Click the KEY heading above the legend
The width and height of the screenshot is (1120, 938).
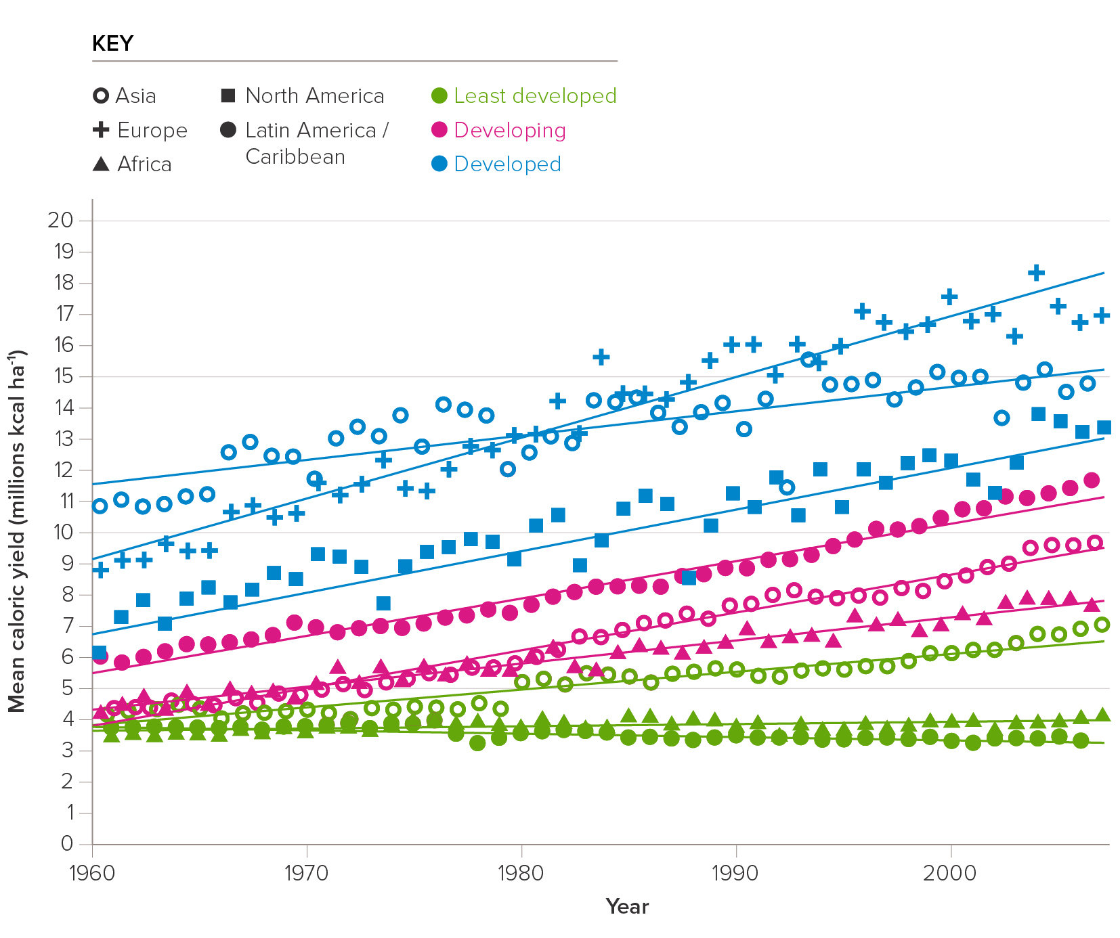click(x=112, y=44)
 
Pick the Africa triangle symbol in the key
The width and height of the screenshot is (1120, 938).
click(x=101, y=164)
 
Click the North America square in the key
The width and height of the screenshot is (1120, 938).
click(x=228, y=95)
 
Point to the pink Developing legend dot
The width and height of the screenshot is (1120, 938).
click(x=439, y=129)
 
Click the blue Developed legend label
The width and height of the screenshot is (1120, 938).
click(x=507, y=164)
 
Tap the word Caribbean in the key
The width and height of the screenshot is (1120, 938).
click(x=295, y=157)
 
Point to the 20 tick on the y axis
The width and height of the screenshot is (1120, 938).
click(x=60, y=220)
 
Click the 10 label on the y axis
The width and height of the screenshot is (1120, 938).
click(x=60, y=532)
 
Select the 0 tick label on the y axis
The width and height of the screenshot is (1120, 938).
click(x=66, y=843)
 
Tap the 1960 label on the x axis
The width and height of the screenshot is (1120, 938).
click(x=92, y=873)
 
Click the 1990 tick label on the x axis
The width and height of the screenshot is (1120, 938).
click(x=735, y=873)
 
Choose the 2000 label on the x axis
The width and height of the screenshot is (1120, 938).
click(x=950, y=873)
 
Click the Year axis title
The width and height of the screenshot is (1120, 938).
click(x=627, y=907)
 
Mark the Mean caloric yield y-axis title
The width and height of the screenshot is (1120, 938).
click(x=16, y=531)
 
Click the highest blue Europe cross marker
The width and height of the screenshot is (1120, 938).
click(x=1036, y=273)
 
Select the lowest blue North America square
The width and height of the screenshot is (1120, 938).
click(x=99, y=652)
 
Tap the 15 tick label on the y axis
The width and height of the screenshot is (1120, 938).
click(x=60, y=376)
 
